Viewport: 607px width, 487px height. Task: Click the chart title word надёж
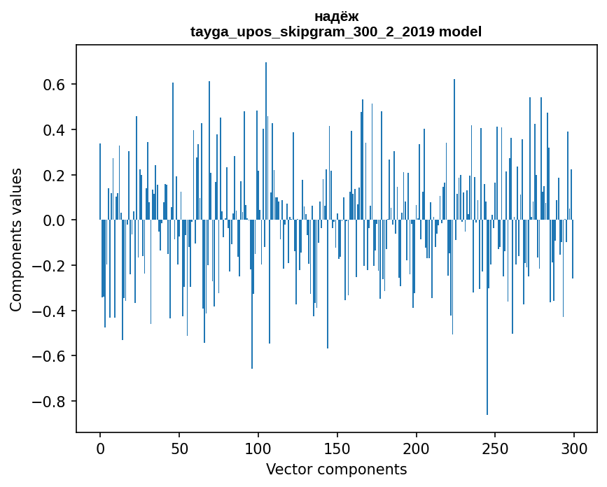[x=336, y=16]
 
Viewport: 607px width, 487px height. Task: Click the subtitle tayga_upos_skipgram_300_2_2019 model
[x=336, y=31]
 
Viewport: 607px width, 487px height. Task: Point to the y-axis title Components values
[x=16, y=239]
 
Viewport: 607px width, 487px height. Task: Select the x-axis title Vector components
[x=336, y=470]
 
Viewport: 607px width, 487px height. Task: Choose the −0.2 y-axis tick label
[x=50, y=266]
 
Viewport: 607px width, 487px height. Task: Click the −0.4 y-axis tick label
[x=50, y=311]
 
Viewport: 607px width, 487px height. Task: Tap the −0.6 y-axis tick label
[x=50, y=356]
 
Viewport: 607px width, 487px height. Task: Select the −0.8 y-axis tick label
[x=50, y=402]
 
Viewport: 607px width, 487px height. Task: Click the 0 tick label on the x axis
[x=100, y=447]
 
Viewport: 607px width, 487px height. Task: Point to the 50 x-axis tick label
[x=179, y=447]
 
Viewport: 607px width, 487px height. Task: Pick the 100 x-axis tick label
[x=258, y=447]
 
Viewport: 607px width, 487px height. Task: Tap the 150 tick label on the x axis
[x=337, y=447]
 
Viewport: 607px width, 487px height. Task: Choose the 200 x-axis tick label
[x=417, y=447]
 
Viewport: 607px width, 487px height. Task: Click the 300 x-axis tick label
[x=574, y=447]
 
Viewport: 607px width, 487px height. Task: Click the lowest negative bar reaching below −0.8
[x=487, y=350]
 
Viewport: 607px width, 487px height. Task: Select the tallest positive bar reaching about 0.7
[x=266, y=140]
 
